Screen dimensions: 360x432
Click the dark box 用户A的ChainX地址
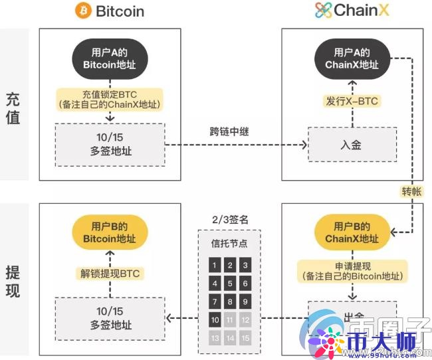[x=352, y=58]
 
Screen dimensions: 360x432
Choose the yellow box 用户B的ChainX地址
[x=352, y=232]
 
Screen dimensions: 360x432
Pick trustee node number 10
[x=213, y=319]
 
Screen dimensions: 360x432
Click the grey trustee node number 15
[x=245, y=338]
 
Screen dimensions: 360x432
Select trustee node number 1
[x=213, y=266]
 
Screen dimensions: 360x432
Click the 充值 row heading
[x=13, y=108]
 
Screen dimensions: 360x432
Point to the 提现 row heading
[x=13, y=281]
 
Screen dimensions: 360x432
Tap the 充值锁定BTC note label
[x=110, y=98]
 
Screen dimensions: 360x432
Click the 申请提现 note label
[x=352, y=270]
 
